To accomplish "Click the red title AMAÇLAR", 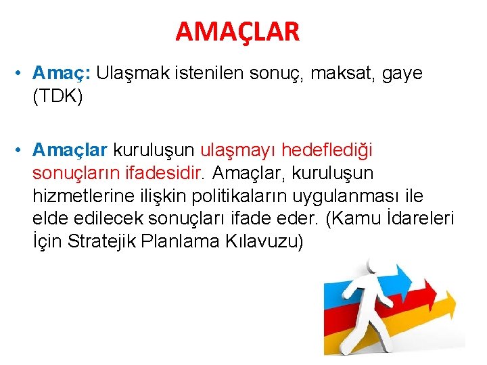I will [x=237, y=31].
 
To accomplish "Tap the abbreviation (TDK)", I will [x=57, y=97].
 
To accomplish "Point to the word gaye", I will [x=402, y=73].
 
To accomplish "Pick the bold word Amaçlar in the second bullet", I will [x=70, y=148].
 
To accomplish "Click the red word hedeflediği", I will [x=327, y=148].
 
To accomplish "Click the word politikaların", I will [x=241, y=197].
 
